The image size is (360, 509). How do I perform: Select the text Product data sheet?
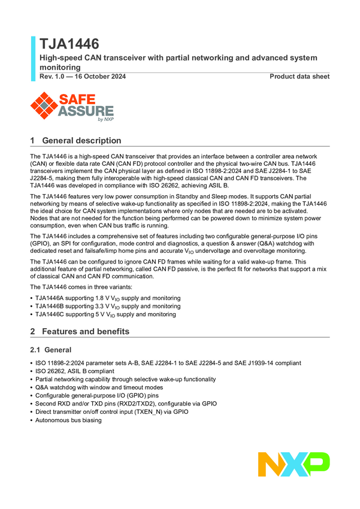[x=299, y=77]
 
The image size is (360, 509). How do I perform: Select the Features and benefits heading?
[x=85, y=331]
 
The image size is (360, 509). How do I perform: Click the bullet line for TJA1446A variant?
[x=108, y=298]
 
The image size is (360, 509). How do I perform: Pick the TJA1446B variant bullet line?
[x=108, y=306]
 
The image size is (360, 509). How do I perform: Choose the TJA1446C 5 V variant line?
[x=105, y=314]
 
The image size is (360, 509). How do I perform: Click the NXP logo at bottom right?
[x=294, y=465]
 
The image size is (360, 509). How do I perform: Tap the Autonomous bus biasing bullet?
[x=68, y=420]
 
